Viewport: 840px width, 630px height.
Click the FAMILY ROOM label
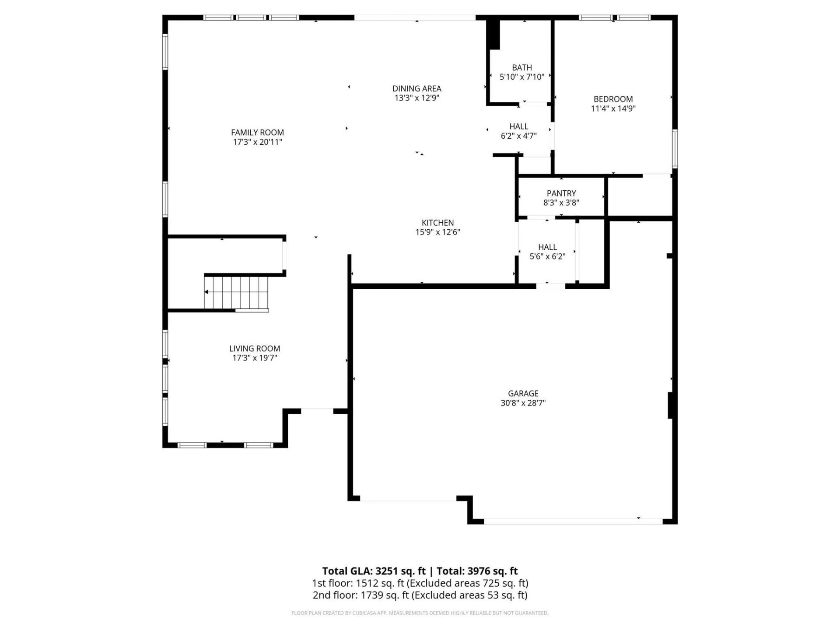[x=257, y=132]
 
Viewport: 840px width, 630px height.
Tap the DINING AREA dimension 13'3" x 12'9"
[x=416, y=98]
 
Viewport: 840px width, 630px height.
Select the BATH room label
[x=522, y=67]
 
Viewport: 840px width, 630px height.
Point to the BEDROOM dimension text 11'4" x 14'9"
[x=613, y=108]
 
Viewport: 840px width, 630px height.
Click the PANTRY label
[x=561, y=193]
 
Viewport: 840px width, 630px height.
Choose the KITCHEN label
[x=437, y=222]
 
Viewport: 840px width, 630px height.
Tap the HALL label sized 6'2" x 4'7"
[x=518, y=126]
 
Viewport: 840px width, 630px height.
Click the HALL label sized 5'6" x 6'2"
[x=547, y=247]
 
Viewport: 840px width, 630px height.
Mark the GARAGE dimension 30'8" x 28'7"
[x=523, y=403]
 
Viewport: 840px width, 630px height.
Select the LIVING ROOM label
[x=255, y=348]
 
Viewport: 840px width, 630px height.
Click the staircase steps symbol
[x=236, y=292]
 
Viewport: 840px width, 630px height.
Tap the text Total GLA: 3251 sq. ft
[x=374, y=571]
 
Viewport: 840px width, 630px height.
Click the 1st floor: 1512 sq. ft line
[x=420, y=583]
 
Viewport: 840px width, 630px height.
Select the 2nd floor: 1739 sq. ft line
[x=420, y=595]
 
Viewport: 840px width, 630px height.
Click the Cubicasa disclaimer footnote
[x=420, y=613]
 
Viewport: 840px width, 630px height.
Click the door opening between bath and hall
[x=534, y=104]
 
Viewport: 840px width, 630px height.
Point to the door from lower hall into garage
[x=550, y=286]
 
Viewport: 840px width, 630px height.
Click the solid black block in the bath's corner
[x=494, y=35]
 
